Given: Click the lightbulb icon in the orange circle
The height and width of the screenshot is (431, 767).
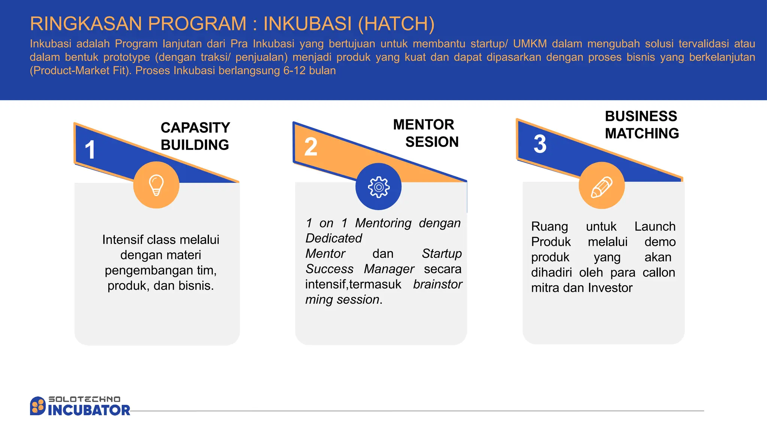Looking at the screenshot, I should pyautogui.click(x=156, y=185).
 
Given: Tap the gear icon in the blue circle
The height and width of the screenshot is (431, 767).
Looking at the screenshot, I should pyautogui.click(x=379, y=187).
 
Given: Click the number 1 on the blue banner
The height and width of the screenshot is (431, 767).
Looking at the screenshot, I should pyautogui.click(x=90, y=150).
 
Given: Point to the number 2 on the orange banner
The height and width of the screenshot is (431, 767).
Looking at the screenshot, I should pyautogui.click(x=311, y=147).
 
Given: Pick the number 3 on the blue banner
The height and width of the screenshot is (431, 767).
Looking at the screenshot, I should pyautogui.click(x=540, y=144).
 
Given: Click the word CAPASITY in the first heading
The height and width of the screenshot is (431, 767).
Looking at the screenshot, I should pyautogui.click(x=195, y=128).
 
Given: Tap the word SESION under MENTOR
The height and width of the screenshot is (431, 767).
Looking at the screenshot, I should pyautogui.click(x=432, y=142).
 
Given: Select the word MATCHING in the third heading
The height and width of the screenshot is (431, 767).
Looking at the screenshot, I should pyautogui.click(x=642, y=134).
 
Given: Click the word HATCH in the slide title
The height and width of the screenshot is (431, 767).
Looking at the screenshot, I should pyautogui.click(x=396, y=24).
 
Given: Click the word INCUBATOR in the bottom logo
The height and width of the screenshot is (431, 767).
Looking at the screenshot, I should pyautogui.click(x=89, y=410).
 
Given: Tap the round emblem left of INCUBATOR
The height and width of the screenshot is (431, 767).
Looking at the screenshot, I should pyautogui.click(x=37, y=406).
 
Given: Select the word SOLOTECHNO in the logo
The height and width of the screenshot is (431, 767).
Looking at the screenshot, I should pyautogui.click(x=85, y=399).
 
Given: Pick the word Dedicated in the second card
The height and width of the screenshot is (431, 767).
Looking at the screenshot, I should pyautogui.click(x=334, y=238).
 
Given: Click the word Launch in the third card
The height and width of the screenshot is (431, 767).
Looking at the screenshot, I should pyautogui.click(x=655, y=226).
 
